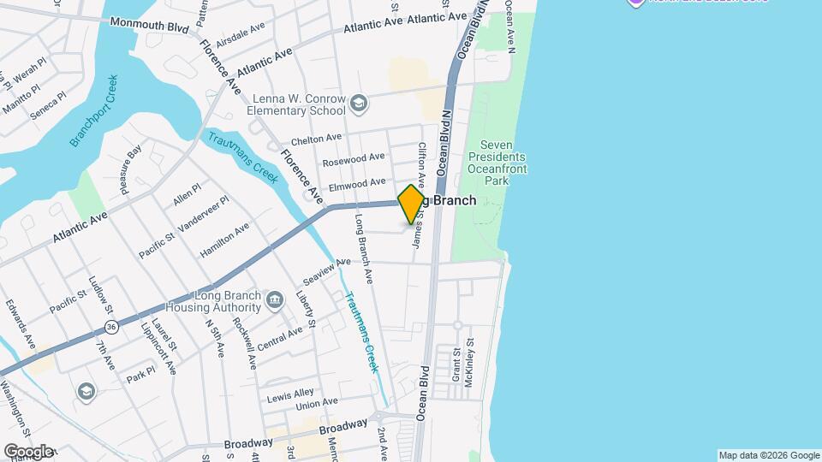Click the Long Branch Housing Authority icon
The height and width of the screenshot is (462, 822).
click(x=274, y=299)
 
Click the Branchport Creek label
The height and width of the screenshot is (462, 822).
click(x=94, y=111)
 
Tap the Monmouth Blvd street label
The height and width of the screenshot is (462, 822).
click(x=149, y=27)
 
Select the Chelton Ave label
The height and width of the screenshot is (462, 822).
click(x=316, y=139)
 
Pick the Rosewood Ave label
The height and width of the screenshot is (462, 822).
click(x=353, y=158)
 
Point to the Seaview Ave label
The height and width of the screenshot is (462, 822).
click(x=327, y=272)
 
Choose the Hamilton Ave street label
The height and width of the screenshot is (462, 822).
click(x=223, y=240)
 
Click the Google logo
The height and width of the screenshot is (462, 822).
click(x=28, y=452)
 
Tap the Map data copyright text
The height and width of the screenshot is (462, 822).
click(x=768, y=455)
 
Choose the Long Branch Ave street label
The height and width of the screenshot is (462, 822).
click(x=363, y=248)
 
